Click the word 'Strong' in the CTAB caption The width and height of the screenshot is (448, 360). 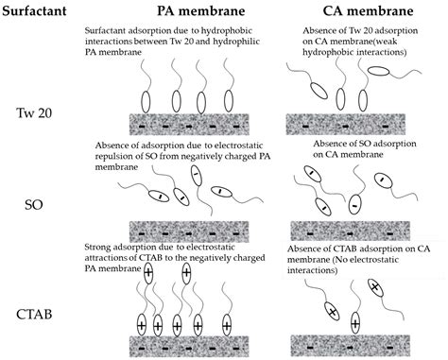[100, 248]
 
